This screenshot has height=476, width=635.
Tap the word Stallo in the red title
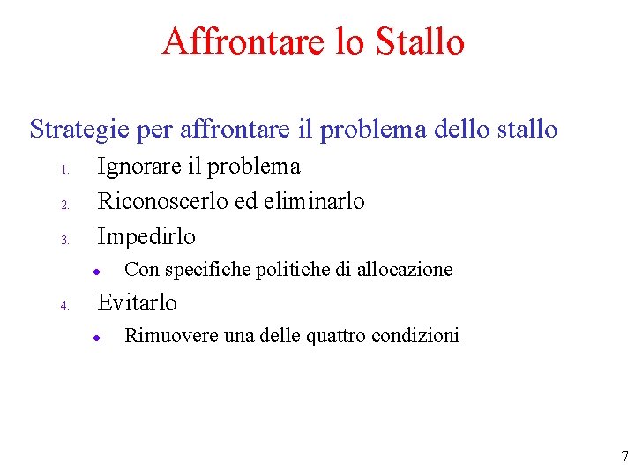(420, 41)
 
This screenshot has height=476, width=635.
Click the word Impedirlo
(146, 236)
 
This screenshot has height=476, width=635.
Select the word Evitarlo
(137, 302)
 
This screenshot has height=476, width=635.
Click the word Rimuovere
(161, 335)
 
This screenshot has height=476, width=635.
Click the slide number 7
(624, 457)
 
